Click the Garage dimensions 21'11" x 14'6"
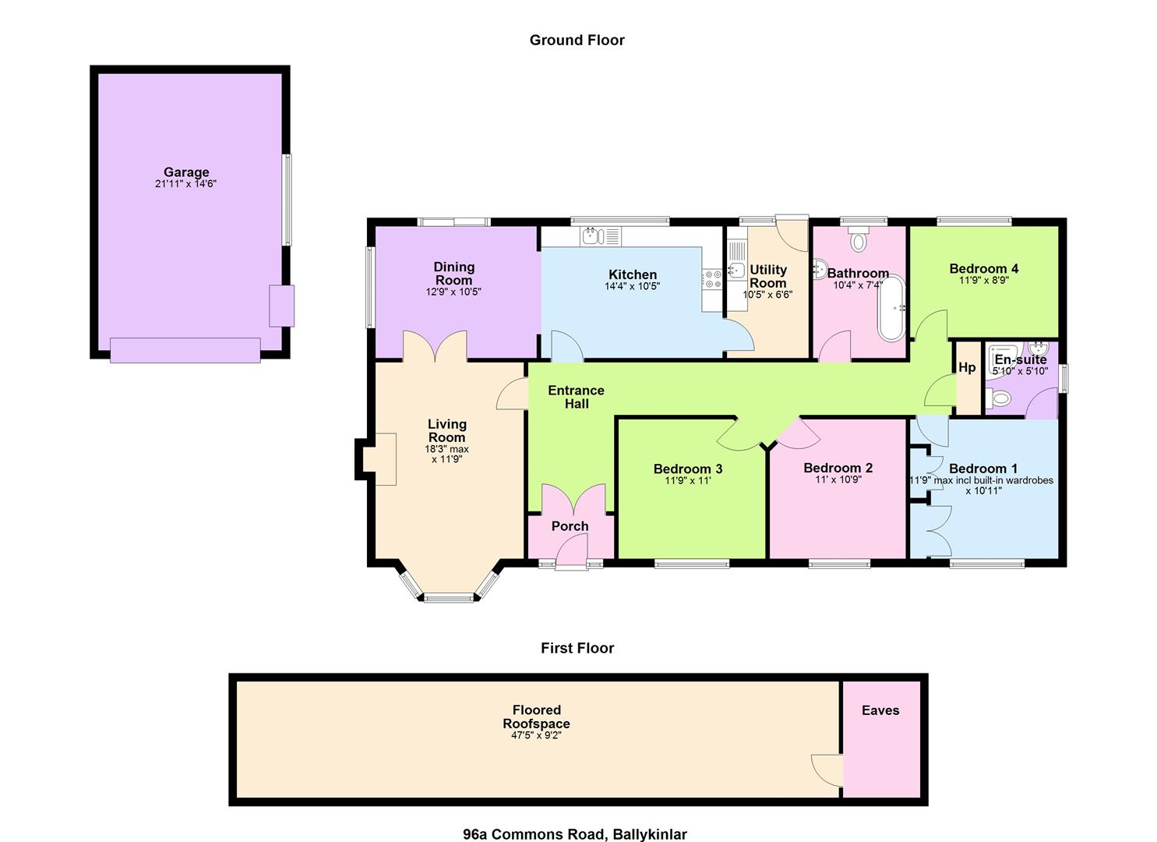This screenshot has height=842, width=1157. point(185,183)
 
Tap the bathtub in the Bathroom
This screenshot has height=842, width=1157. point(891,309)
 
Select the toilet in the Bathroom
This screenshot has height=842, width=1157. point(858,239)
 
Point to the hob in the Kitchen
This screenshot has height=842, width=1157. point(712,279)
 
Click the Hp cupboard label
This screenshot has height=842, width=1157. point(967,367)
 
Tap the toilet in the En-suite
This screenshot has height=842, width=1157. point(997,398)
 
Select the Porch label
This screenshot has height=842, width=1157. point(570,526)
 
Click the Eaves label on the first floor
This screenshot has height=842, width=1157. point(880,710)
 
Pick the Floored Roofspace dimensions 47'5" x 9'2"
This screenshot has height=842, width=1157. point(536,734)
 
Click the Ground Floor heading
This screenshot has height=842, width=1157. point(577,40)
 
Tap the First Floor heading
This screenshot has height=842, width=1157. point(577,648)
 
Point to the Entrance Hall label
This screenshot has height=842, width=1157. point(576,397)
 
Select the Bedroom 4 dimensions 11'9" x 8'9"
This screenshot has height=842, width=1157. point(983,280)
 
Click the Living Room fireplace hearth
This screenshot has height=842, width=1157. point(379,459)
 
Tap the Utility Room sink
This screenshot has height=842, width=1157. point(736,269)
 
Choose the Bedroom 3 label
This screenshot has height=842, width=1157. point(687,469)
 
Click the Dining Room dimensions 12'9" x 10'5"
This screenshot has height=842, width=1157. point(453,292)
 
